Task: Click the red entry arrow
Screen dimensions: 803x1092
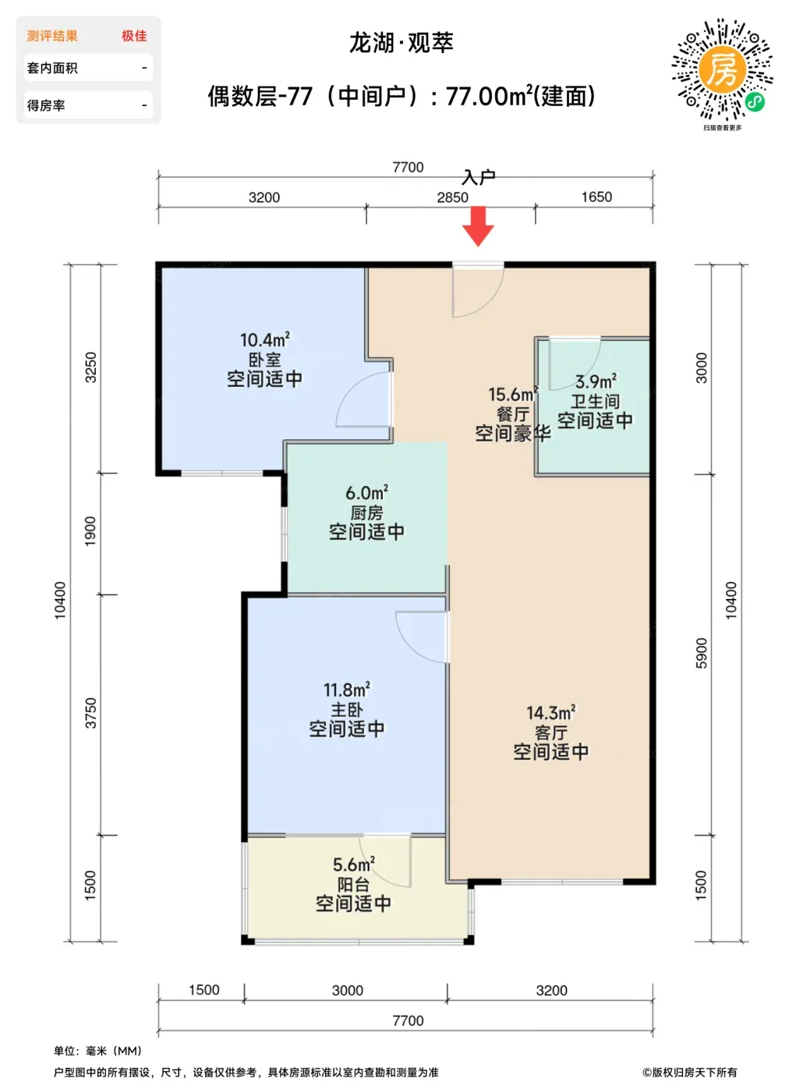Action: click(x=478, y=225)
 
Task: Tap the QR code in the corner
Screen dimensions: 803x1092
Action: click(x=723, y=69)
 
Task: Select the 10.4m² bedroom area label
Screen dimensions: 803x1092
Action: click(x=264, y=339)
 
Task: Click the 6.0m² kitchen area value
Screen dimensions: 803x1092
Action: click(x=367, y=493)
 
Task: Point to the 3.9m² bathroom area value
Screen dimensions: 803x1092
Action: click(x=596, y=381)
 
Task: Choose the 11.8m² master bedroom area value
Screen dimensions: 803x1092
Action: click(x=346, y=690)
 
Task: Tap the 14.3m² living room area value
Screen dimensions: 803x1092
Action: click(x=550, y=713)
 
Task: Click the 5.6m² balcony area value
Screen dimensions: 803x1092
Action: click(x=354, y=865)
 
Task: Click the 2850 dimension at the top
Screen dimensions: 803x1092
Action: click(x=452, y=197)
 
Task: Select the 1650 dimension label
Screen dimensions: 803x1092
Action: click(x=596, y=197)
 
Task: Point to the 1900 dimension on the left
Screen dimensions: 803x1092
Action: click(x=90, y=532)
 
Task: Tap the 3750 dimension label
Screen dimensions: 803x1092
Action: click(x=90, y=713)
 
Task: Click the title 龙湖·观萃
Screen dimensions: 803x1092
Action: click(x=401, y=43)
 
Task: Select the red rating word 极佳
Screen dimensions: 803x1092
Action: click(x=134, y=36)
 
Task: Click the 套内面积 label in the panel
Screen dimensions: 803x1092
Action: click(x=52, y=68)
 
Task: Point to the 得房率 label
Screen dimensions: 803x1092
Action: click(x=46, y=105)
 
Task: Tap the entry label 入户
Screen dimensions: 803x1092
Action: click(x=479, y=178)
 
